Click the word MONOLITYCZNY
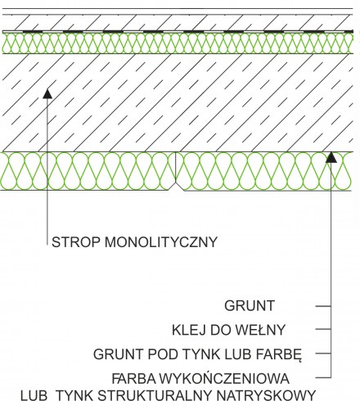point(161,242)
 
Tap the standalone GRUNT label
point(250,306)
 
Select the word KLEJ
point(188,330)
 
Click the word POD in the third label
point(162,354)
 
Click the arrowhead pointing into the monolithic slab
point(47,93)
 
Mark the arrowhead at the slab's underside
point(331,157)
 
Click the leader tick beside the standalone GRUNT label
point(323,306)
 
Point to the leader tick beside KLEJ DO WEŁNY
point(323,329)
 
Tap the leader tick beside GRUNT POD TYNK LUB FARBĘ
point(323,354)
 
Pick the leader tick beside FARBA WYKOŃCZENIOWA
point(323,378)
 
